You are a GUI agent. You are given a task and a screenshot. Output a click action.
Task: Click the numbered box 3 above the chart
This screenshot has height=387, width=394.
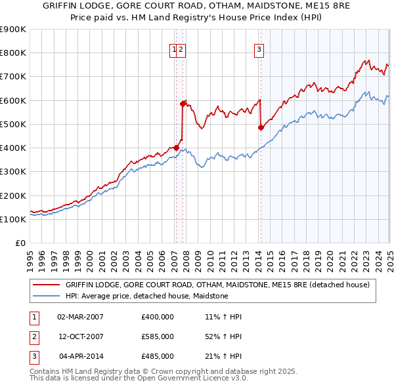259,49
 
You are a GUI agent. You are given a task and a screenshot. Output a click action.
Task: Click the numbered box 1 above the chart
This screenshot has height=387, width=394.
175,49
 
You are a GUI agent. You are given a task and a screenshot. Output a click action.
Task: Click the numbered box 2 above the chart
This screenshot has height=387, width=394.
181,49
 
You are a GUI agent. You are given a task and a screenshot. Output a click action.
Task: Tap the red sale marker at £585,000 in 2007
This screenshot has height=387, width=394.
183,104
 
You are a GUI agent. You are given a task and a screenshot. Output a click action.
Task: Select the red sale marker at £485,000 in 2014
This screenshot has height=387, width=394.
261,127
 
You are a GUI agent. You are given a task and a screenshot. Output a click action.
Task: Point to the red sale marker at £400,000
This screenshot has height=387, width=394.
175,148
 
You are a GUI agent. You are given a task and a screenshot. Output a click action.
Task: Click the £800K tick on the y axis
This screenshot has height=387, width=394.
14,53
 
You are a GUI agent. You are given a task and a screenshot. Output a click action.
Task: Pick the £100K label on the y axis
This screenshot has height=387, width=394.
14,219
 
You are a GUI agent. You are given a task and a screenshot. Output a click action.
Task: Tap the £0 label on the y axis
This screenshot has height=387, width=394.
20,243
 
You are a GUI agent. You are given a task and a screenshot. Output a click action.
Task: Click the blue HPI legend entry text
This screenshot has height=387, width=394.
146,296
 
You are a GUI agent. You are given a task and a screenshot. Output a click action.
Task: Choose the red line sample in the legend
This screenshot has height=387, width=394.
46,285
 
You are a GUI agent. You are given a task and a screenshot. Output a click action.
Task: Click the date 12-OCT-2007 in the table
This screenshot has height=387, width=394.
81,336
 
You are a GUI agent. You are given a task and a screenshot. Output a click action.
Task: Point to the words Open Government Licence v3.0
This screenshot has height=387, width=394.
194,378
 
